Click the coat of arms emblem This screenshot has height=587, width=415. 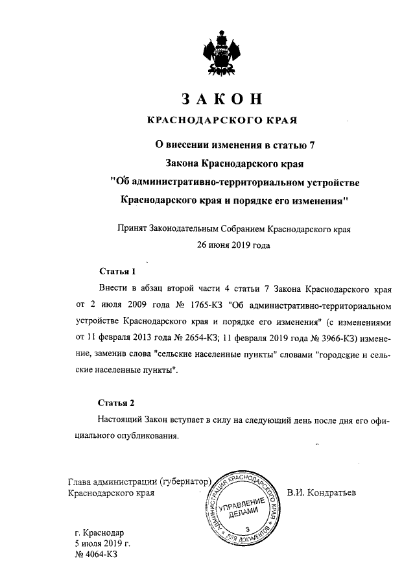[221, 55]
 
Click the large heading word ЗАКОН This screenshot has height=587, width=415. [221, 100]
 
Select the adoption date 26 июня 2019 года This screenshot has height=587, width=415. [221, 245]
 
